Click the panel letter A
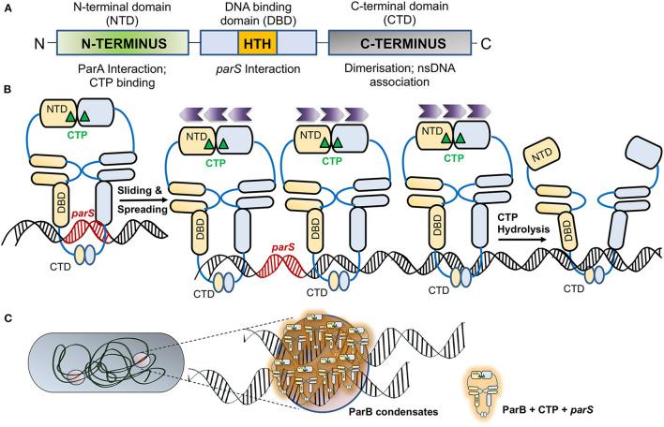(x=8, y=8)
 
